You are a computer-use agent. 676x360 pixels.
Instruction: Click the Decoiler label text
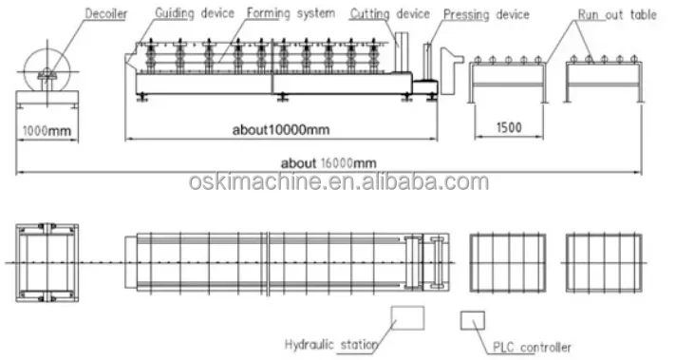click(106, 13)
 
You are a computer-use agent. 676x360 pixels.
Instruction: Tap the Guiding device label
click(195, 13)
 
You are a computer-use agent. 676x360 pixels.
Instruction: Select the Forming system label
click(291, 13)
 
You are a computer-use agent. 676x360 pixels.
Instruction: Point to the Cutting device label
click(389, 14)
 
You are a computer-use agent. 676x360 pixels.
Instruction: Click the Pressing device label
click(486, 14)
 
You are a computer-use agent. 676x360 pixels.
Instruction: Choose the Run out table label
click(617, 14)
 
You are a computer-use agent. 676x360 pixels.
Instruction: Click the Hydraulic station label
click(331, 345)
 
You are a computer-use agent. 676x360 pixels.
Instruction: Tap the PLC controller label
click(532, 347)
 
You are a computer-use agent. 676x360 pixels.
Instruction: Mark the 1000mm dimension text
click(47, 130)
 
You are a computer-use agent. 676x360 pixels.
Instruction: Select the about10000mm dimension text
click(281, 129)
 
